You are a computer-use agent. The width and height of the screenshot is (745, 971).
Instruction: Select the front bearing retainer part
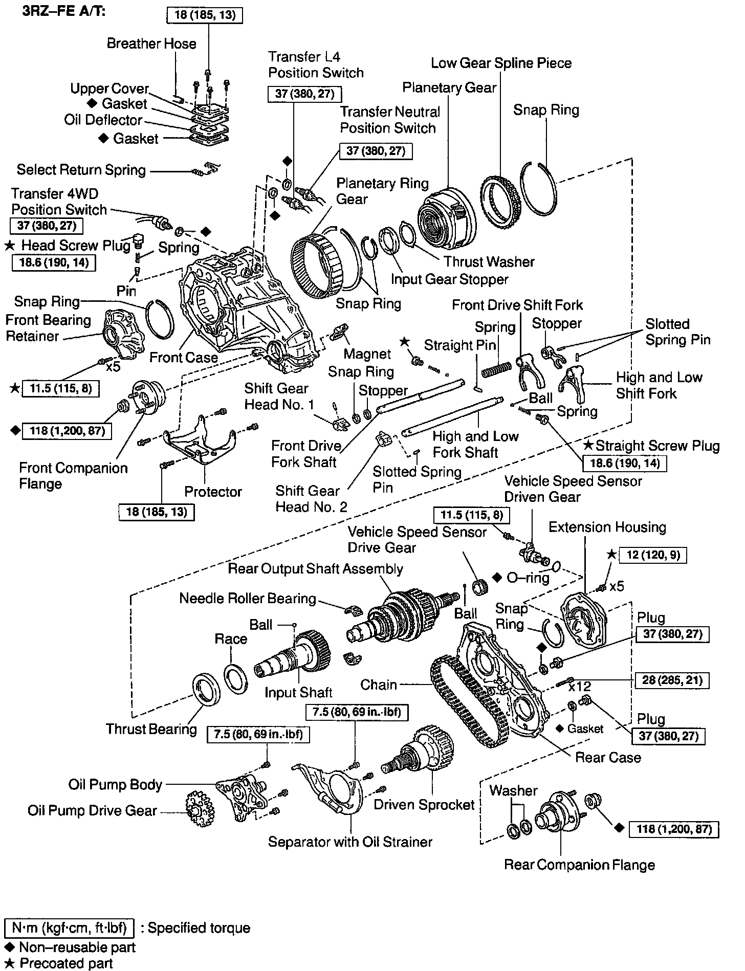pyautogui.click(x=122, y=334)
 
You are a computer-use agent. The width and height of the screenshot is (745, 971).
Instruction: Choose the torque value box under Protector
pyautogui.click(x=157, y=512)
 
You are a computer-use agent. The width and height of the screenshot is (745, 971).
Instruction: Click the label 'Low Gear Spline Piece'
pyautogui.click(x=501, y=63)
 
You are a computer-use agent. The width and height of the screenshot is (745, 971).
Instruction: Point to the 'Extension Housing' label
pyautogui.click(x=607, y=527)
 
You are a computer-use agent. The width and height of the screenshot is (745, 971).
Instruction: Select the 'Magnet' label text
pyautogui.click(x=367, y=354)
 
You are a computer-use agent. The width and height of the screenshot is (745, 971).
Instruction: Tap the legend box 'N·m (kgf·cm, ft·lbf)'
pyautogui.click(x=69, y=928)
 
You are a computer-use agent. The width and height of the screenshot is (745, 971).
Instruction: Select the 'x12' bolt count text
pyautogui.click(x=580, y=687)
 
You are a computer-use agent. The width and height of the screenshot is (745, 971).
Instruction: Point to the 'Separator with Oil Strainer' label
pyautogui.click(x=350, y=842)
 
